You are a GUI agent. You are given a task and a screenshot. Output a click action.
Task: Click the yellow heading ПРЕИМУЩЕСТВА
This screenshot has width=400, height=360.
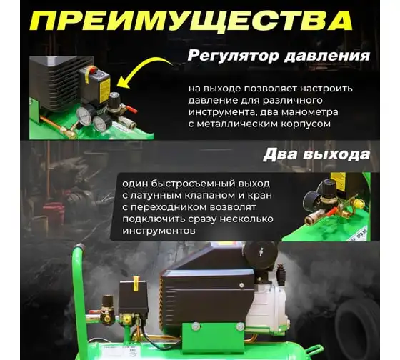(x=191, y=21)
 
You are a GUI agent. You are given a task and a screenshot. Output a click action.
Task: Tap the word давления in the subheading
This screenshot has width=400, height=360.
(x=327, y=56)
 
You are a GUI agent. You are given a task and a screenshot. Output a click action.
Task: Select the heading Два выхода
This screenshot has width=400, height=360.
(x=316, y=154)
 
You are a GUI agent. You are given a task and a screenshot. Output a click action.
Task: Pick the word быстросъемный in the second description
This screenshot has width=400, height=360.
(x=193, y=184)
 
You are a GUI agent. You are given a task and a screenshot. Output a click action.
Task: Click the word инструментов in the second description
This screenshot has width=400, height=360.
(x=159, y=231)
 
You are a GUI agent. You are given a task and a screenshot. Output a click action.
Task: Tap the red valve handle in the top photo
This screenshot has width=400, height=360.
(x=131, y=109)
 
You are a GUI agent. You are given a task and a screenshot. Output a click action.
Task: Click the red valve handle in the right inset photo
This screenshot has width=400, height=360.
(x=332, y=211)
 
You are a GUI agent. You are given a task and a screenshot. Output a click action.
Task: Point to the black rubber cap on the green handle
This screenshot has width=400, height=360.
(x=80, y=247)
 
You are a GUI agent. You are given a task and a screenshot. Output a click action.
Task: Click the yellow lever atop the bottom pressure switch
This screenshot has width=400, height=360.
(x=136, y=283)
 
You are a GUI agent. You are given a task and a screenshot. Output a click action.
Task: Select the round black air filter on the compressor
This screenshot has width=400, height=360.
(x=261, y=254)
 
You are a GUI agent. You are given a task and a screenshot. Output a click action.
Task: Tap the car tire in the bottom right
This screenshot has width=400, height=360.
(x=357, y=331)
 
